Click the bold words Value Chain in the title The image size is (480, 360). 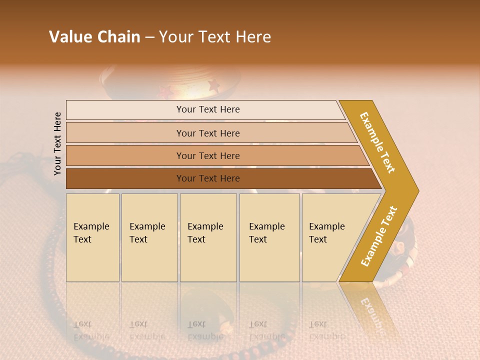point(94,37)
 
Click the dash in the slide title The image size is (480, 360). point(149,37)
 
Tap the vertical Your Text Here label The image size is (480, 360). point(57,143)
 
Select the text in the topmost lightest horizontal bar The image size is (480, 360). point(208,109)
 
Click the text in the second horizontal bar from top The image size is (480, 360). point(208,133)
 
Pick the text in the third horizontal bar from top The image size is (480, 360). point(208,156)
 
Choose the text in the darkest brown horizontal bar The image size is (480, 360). point(208,178)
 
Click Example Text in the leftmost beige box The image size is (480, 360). point(91,233)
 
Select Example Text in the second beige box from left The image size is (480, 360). point(147,233)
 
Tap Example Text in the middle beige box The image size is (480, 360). point(205,233)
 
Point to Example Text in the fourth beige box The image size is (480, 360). point(266,233)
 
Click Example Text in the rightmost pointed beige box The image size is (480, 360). point(326,233)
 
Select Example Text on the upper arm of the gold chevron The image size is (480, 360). point(377,142)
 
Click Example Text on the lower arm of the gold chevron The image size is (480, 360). point(379,236)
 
